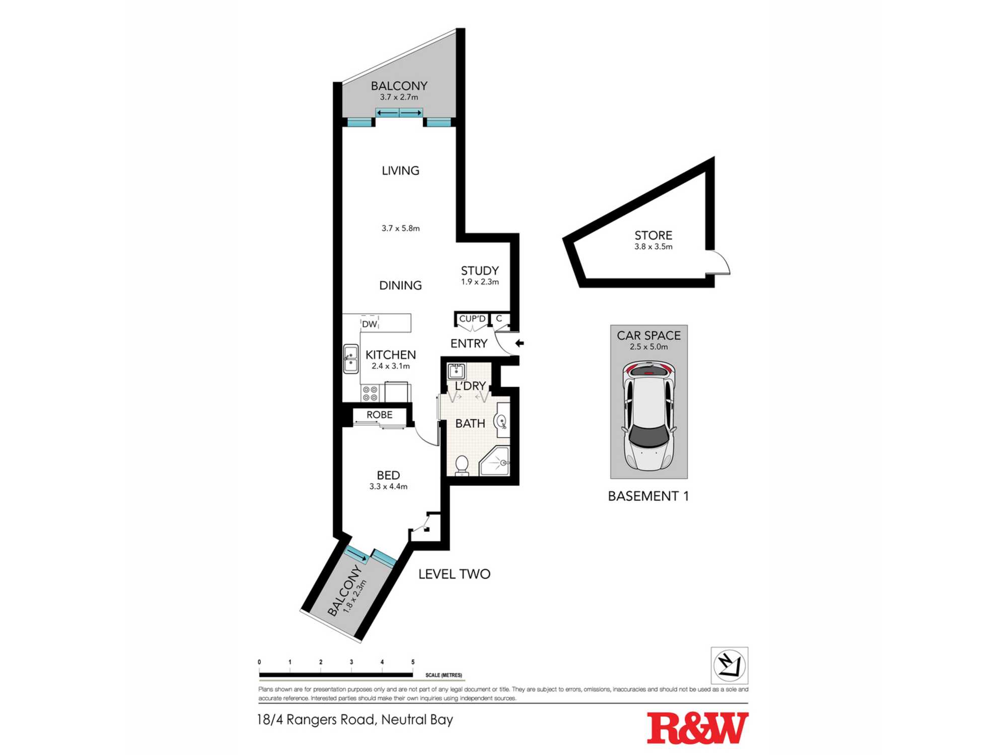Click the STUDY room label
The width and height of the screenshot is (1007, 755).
480,271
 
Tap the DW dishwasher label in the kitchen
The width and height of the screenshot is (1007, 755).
370,324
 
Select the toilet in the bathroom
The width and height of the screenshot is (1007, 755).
462,466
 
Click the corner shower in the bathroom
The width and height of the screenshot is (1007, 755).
494,461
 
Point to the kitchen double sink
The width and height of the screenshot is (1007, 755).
351,358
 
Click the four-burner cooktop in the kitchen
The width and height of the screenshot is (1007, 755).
371,393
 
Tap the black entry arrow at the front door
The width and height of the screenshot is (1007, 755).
520,343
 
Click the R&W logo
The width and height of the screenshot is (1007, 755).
697,728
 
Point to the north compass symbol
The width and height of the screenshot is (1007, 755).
729,665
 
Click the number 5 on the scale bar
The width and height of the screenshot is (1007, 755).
413,662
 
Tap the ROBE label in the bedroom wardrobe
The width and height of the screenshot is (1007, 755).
380,415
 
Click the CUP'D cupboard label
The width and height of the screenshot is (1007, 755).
472,319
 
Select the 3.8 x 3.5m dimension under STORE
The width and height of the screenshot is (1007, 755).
654,247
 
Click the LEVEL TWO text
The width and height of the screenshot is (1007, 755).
454,574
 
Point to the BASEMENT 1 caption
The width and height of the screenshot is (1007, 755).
649,496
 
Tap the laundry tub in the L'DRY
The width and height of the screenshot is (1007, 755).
456,371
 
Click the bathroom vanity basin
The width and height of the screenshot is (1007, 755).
502,421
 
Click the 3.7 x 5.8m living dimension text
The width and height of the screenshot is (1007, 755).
401,228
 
